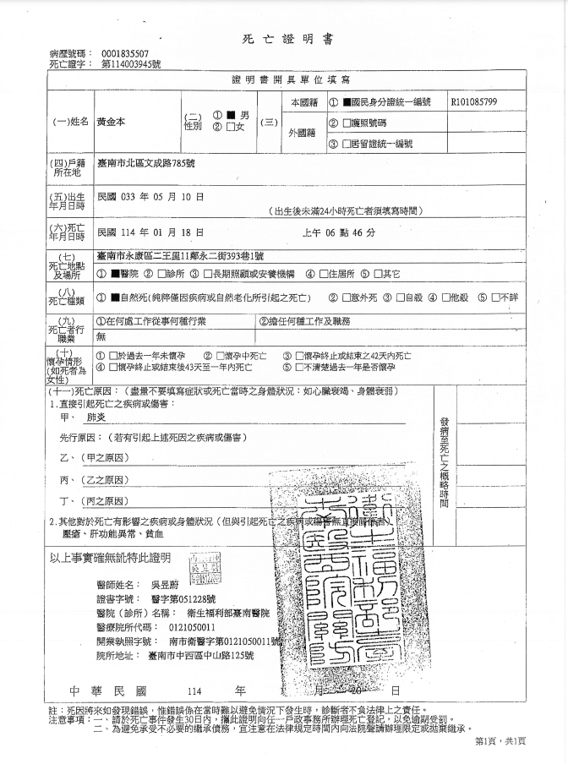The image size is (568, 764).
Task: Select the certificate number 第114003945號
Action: point(130,64)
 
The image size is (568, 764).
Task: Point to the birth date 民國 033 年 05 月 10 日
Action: point(150,196)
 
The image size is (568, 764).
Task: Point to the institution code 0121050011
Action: point(192,628)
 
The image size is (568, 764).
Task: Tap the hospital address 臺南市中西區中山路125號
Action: point(200,657)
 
